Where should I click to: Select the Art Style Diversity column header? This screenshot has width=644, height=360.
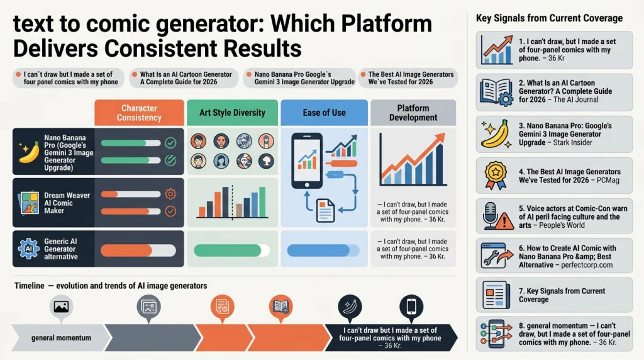232,113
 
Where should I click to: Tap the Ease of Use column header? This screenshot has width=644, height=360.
324,113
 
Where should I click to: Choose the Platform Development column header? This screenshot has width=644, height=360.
413,113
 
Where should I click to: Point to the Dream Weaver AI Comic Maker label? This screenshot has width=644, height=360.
67,203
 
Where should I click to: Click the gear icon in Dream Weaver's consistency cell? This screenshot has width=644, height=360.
170,194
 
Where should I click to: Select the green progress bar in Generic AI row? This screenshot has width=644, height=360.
231,250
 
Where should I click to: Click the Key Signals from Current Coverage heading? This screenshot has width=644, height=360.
549,18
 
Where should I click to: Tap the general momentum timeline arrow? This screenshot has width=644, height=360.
61,338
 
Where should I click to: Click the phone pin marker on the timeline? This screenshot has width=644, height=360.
411,307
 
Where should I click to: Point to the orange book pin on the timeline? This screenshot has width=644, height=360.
281,307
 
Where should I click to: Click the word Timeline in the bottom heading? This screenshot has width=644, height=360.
30,286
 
